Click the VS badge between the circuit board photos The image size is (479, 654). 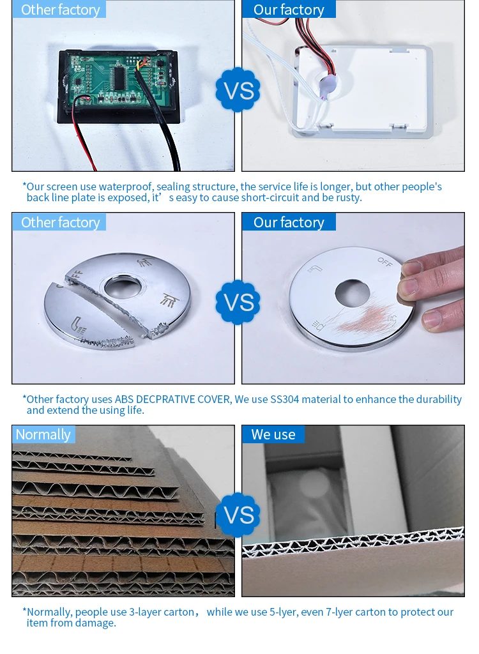pos(238,89)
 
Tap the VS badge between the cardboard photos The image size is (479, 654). pos(238,515)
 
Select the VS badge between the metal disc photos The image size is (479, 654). pos(238,302)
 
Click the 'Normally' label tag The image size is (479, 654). pos(43,434)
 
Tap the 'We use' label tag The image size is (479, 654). pos(273,434)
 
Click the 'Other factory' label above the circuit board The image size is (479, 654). pos(59,9)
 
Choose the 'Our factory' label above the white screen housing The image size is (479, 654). pos(289,9)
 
